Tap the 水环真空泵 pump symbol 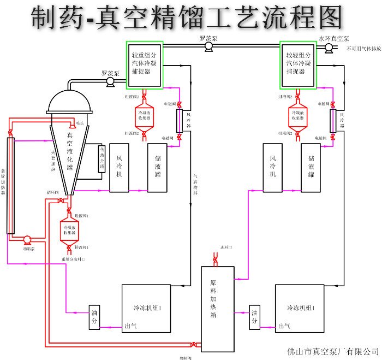click(x=329, y=48)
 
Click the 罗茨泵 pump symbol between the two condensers click(x=208, y=48)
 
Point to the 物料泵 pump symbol click(x=27, y=239)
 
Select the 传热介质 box click(x=102, y=159)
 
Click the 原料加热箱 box click(x=218, y=309)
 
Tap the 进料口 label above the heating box click(x=226, y=247)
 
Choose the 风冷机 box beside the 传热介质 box click(x=118, y=168)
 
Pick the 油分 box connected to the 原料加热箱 click(x=254, y=317)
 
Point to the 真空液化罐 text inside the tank click(x=69, y=151)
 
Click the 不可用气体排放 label click(x=363, y=49)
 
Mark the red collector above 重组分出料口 click(x=69, y=229)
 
